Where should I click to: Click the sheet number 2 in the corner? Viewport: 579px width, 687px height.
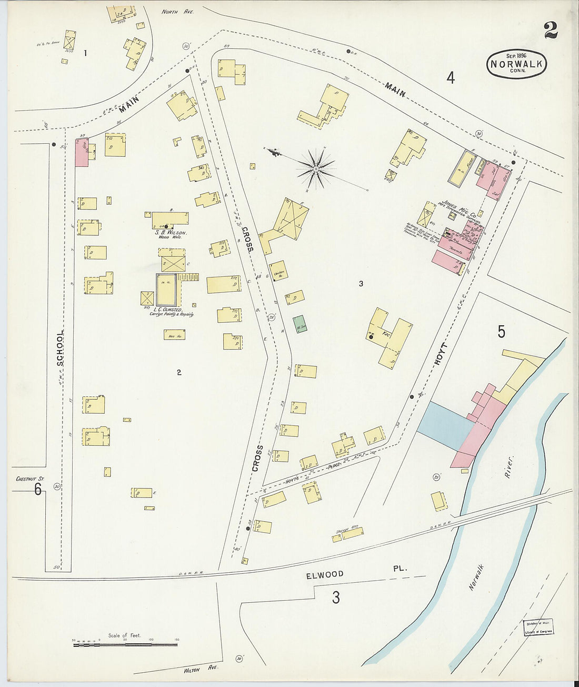[551, 31]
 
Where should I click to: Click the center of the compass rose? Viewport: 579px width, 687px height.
[315, 169]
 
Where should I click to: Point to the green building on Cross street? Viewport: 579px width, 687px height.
[300, 323]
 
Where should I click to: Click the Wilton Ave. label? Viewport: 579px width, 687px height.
[201, 669]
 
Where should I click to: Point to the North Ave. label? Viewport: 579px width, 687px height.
[177, 11]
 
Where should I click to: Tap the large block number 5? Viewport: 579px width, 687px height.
[501, 332]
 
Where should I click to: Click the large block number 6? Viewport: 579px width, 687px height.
[38, 490]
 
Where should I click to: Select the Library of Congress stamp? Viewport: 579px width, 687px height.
[537, 628]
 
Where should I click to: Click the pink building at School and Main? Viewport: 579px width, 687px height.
[81, 153]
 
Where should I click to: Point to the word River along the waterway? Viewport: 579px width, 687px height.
[509, 467]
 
